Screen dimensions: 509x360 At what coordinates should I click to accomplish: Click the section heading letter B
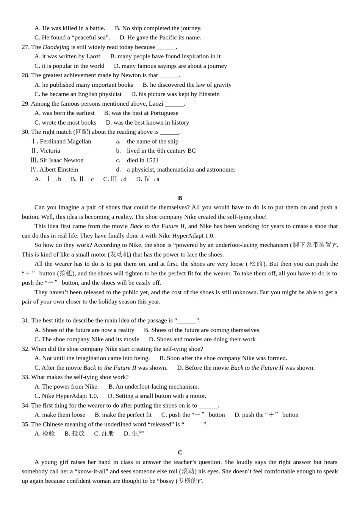tap(180, 198)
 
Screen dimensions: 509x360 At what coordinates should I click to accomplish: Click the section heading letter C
tap(180, 452)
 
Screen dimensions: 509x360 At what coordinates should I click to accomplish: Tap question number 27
tap(25, 47)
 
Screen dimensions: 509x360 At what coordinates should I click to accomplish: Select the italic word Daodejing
tap(56, 47)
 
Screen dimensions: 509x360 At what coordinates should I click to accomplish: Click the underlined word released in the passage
tap(94, 292)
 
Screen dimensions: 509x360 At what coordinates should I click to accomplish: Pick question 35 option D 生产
tap(134, 433)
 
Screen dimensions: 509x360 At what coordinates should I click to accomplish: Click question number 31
tap(25, 320)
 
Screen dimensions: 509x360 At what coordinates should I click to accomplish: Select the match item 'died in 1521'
tap(142, 160)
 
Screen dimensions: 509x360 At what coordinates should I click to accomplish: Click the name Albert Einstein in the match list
tap(58, 169)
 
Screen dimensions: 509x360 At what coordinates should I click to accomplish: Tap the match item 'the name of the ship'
tap(152, 141)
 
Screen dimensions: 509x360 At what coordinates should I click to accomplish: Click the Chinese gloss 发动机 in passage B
tap(119, 254)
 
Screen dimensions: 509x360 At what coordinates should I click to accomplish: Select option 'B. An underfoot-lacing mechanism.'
tap(153, 386)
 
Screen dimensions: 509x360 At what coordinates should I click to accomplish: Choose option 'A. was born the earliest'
tap(64, 113)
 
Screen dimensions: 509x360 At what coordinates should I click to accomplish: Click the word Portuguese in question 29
tap(164, 113)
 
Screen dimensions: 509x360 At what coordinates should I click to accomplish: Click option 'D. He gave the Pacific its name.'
tap(160, 37)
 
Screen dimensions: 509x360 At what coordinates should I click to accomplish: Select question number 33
tap(25, 377)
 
